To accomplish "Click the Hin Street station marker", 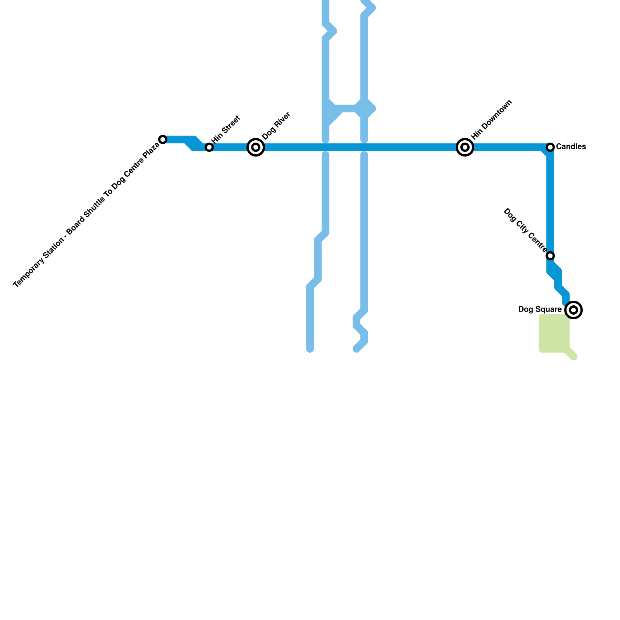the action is point(209,147).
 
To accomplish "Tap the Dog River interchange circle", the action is point(256,147).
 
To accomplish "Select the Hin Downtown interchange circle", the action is point(465,147).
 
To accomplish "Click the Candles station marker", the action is point(550,147).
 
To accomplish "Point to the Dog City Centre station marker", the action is point(550,256).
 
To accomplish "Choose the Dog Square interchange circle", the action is point(574,310).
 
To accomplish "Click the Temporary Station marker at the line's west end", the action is point(163,139).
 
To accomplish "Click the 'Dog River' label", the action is point(276,126).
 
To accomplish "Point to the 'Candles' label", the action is point(571,147).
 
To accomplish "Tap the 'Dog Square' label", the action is point(540,310).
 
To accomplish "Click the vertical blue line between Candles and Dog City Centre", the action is point(550,201).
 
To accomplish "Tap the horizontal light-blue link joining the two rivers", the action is point(347,108).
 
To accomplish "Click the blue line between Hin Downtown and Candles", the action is point(508,147).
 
